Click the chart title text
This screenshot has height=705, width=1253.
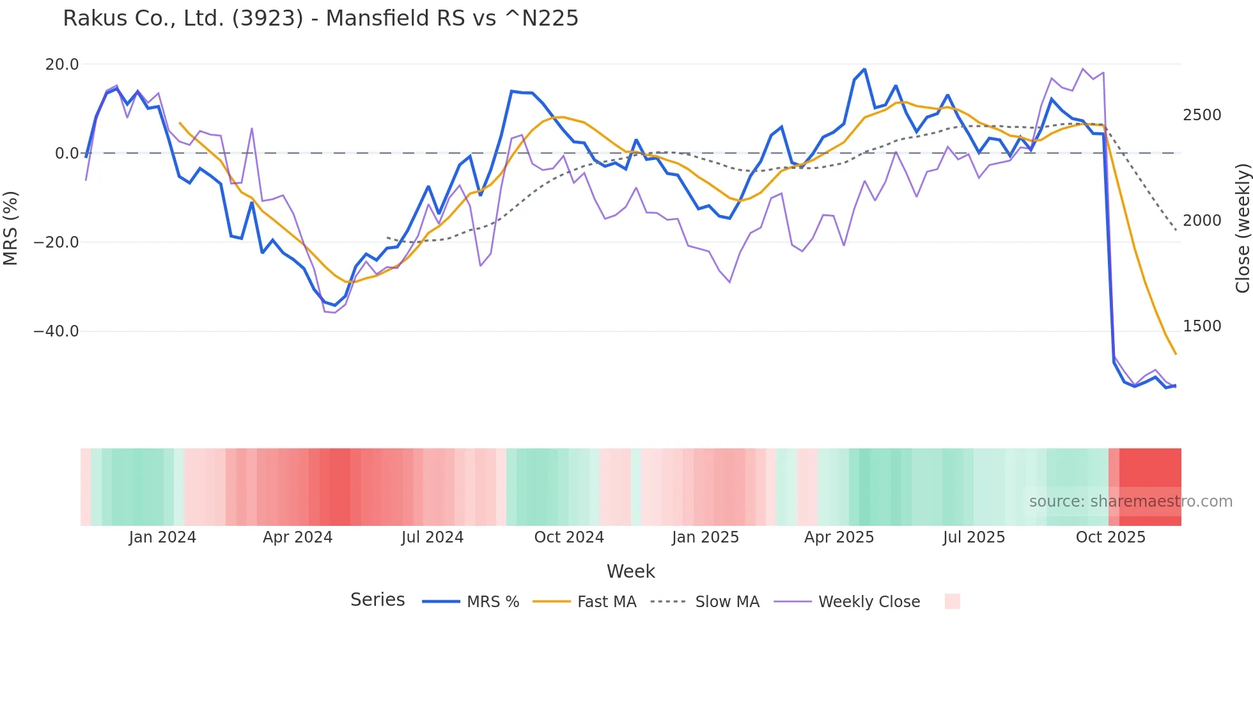coord(320,19)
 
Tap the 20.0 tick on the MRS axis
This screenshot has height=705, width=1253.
coord(62,65)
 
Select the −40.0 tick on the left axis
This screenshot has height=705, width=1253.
coord(56,331)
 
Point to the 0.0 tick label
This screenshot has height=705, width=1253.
coord(67,154)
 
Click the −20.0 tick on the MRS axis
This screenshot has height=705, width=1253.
coord(56,242)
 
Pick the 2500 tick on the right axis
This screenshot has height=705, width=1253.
coord(1202,115)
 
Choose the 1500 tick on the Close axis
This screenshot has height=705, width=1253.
coord(1202,326)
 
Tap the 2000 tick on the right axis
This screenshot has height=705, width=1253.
coord(1202,221)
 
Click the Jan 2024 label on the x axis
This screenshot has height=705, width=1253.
coord(162,537)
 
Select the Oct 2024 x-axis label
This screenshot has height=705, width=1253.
coord(569,537)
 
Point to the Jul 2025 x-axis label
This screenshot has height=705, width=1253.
coord(974,537)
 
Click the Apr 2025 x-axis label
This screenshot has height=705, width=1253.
coord(839,537)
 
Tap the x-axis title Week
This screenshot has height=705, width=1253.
coord(630,571)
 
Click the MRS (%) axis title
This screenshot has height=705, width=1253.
coord(11,228)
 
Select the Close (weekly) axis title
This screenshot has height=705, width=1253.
coord(1242,228)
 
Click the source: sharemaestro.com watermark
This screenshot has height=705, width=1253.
coord(1130,502)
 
